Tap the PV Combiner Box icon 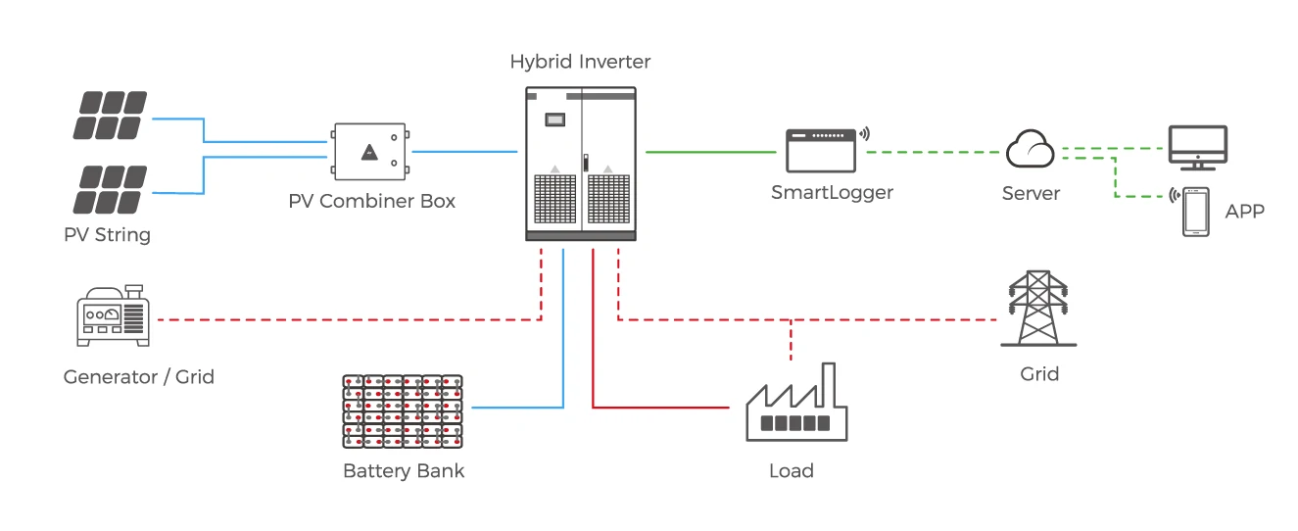(369, 152)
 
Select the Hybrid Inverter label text (580, 62)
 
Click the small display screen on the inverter (555, 120)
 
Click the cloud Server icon (1030, 150)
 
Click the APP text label (1244, 212)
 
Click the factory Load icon (795, 406)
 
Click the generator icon (112, 317)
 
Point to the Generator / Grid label (138, 377)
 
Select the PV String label (107, 235)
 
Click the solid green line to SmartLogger (711, 152)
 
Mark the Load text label (791, 471)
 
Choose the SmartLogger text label (832, 193)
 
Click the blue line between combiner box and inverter (464, 152)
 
